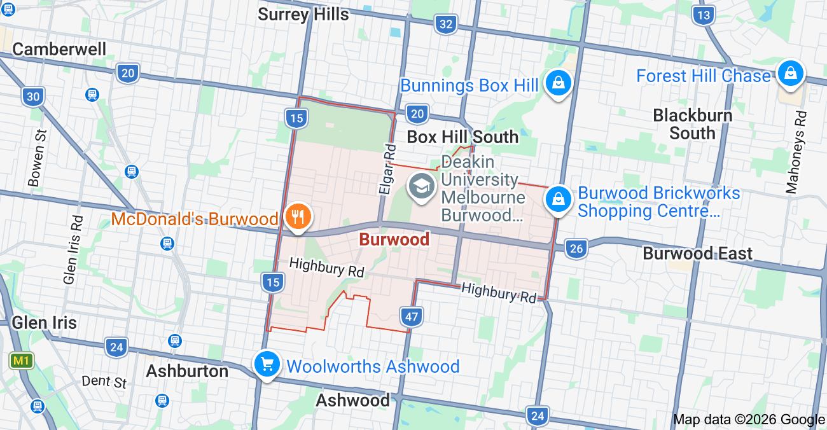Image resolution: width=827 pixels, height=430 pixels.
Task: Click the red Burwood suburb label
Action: (x=394, y=240)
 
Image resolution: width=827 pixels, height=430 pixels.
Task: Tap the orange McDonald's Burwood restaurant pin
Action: (x=297, y=218)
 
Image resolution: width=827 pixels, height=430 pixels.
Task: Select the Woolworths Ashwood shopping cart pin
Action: (x=267, y=365)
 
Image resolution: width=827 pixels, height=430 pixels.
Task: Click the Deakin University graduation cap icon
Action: (x=421, y=187)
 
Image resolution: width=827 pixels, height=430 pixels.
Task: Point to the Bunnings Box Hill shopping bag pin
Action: (x=558, y=83)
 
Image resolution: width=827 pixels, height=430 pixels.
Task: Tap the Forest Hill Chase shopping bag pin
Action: (x=790, y=73)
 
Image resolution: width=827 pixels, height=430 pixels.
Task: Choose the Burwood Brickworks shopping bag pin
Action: (x=558, y=199)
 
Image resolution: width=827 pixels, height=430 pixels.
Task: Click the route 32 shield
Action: (x=447, y=25)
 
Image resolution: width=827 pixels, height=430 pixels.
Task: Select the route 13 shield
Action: (x=704, y=15)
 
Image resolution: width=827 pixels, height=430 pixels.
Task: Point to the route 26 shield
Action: (x=576, y=249)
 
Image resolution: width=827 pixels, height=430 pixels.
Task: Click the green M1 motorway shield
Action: (x=22, y=361)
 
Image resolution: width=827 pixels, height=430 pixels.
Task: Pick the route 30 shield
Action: (x=33, y=97)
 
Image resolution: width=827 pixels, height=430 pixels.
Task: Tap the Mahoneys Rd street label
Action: (x=796, y=153)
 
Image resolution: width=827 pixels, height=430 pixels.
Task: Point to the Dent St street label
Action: (x=104, y=382)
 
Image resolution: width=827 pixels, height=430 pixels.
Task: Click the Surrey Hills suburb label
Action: (x=303, y=14)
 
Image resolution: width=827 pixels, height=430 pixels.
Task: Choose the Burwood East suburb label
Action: (x=697, y=253)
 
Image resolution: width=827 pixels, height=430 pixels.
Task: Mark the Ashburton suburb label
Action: (x=187, y=371)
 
